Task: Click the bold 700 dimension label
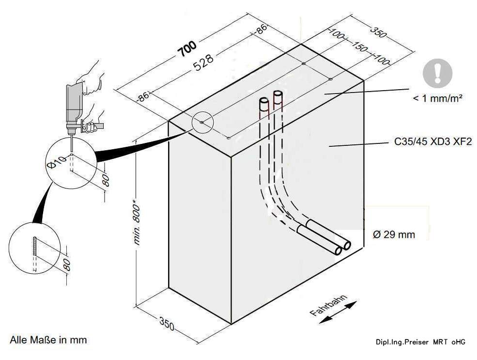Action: [187, 48]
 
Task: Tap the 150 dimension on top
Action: [359, 47]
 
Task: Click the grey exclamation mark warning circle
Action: [437, 73]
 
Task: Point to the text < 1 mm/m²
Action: [437, 98]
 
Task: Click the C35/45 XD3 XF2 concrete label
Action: [433, 142]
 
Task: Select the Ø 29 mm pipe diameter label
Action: [394, 235]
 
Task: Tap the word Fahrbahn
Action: [328, 305]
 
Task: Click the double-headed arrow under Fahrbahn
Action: [338, 312]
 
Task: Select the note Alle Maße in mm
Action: [48, 340]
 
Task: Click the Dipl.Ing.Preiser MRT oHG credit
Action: [420, 342]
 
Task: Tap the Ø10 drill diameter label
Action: [57, 162]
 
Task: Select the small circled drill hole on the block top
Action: [202, 122]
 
